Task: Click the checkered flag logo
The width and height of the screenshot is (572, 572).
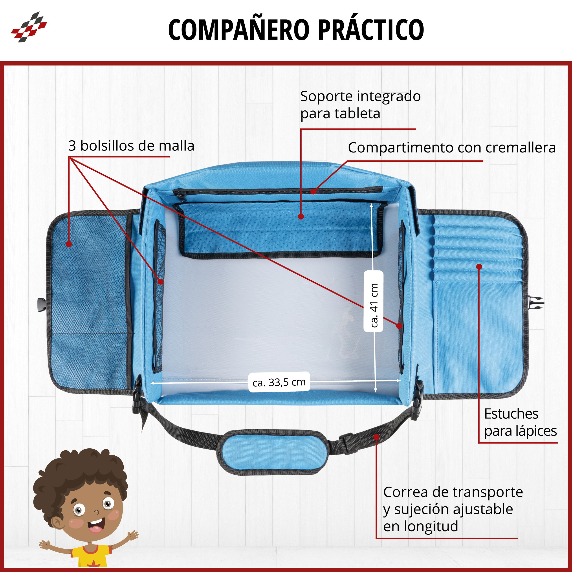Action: [29, 27]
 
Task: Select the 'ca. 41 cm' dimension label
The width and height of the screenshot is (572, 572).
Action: [374, 305]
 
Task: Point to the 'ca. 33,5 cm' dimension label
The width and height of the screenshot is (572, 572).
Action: [279, 382]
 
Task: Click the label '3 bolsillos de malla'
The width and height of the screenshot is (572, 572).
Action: [131, 146]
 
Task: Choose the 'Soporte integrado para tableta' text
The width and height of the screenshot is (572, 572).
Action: [360, 105]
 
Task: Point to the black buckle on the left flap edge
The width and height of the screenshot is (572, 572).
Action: [42, 305]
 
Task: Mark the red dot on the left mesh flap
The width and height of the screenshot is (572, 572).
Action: [69, 244]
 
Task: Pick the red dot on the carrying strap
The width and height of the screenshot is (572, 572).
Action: [376, 437]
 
